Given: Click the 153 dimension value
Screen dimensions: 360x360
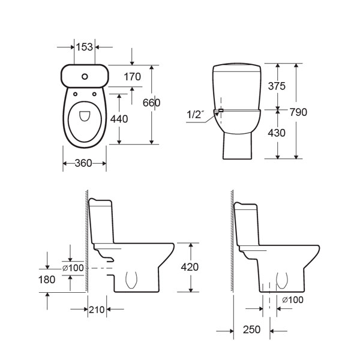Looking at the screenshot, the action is point(85,47).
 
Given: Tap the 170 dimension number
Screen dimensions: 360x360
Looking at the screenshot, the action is point(133,77).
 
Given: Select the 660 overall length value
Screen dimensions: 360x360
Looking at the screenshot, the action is point(152,103).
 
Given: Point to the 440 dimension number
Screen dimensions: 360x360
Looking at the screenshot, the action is point(119,119).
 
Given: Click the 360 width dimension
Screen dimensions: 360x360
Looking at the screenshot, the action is point(83,163).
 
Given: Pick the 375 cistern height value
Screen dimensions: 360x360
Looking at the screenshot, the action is point(277,86).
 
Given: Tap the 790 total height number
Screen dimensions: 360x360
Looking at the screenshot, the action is point(298,112).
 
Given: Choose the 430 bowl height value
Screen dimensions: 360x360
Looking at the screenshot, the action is point(277,133).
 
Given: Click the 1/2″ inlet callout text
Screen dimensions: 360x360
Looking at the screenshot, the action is point(196,115).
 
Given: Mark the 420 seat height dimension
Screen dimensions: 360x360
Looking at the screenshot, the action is point(190,267).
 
